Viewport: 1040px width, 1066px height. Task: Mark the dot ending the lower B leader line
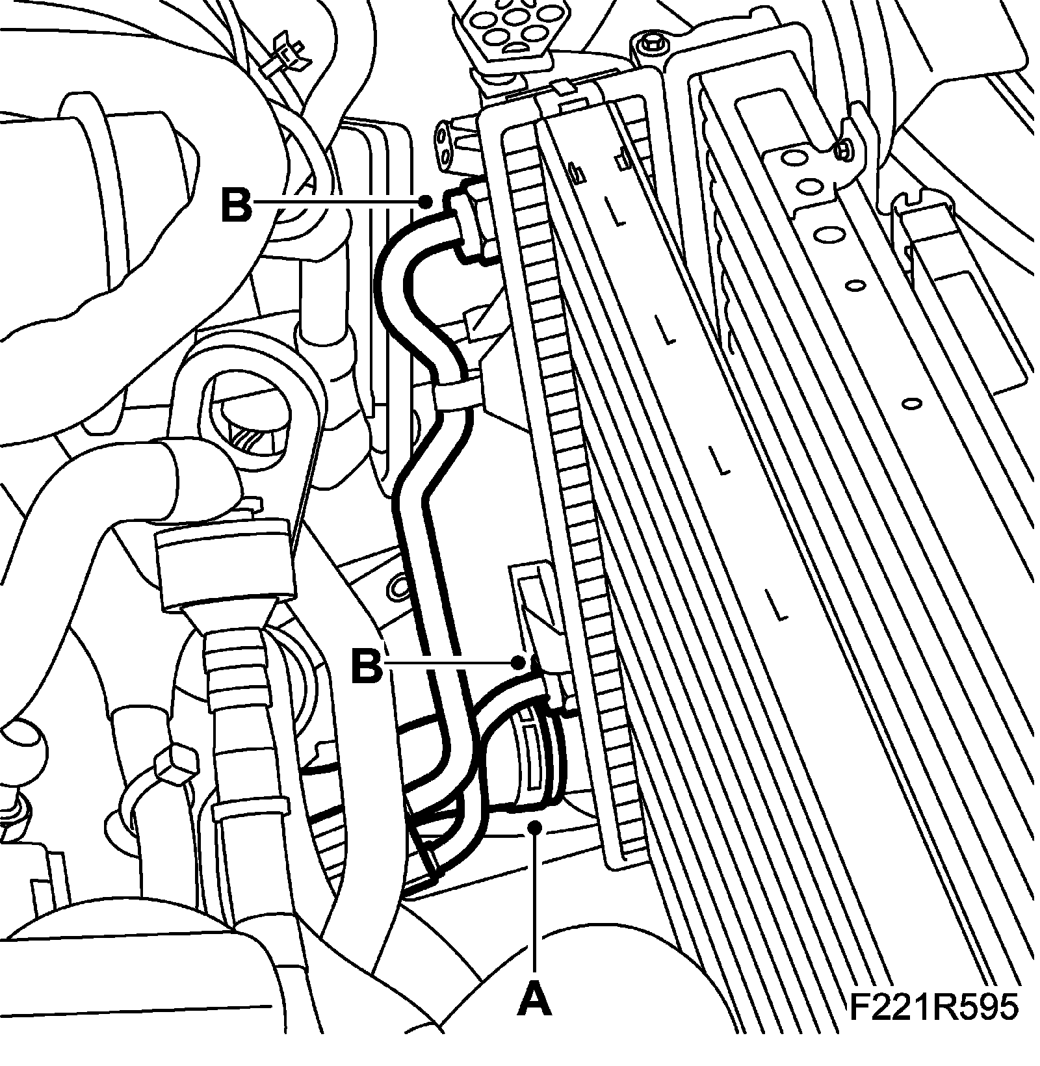click(518, 662)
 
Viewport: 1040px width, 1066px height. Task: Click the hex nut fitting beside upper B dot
click(473, 222)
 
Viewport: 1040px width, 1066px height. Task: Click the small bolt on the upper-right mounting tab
click(843, 150)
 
